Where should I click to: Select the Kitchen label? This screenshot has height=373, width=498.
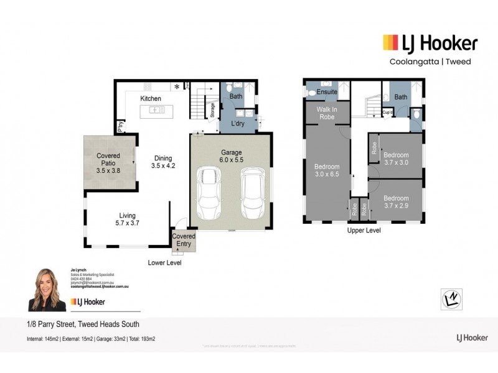(x=151, y=99)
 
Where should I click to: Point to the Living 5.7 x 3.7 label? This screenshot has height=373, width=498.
(x=127, y=219)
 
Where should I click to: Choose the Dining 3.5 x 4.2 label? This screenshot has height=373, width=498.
(x=162, y=162)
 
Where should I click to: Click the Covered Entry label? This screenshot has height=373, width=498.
(x=184, y=240)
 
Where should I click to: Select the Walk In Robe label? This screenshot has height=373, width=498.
(x=327, y=112)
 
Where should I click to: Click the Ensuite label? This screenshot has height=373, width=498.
(x=327, y=93)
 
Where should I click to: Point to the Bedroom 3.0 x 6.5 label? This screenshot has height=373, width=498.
(x=327, y=171)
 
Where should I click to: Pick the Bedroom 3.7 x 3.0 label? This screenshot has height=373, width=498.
(x=396, y=159)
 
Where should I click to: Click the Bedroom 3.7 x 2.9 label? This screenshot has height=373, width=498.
(x=396, y=202)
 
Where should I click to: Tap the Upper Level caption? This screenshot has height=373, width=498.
(x=364, y=231)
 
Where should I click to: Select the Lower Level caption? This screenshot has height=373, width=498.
(x=164, y=263)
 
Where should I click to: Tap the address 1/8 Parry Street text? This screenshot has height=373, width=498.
(x=83, y=325)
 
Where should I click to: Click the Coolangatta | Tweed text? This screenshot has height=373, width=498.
(x=430, y=62)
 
